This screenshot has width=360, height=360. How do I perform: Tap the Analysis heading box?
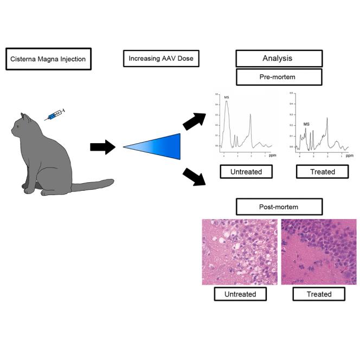click(279, 58)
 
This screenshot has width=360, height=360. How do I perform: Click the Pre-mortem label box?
click(279, 76)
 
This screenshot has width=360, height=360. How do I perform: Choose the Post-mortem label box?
click(279, 207)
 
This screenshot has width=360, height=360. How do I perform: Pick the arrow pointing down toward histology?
click(195, 177)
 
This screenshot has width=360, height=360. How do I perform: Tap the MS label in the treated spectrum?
click(306, 124)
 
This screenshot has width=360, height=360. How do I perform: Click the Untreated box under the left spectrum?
click(246, 172)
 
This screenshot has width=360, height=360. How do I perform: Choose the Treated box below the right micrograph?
click(319, 294)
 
